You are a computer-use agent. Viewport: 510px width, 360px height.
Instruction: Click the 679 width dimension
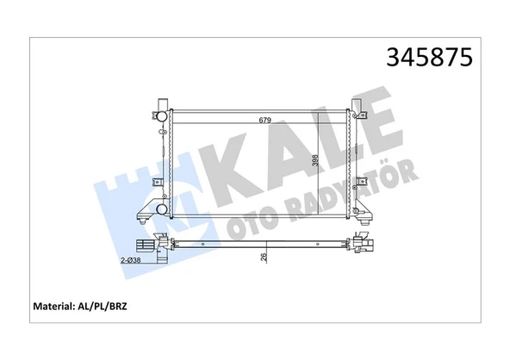[x=264, y=120]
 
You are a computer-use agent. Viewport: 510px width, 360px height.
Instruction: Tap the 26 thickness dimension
[x=263, y=256]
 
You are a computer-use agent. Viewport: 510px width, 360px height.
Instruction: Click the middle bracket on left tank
[x=157, y=182]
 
